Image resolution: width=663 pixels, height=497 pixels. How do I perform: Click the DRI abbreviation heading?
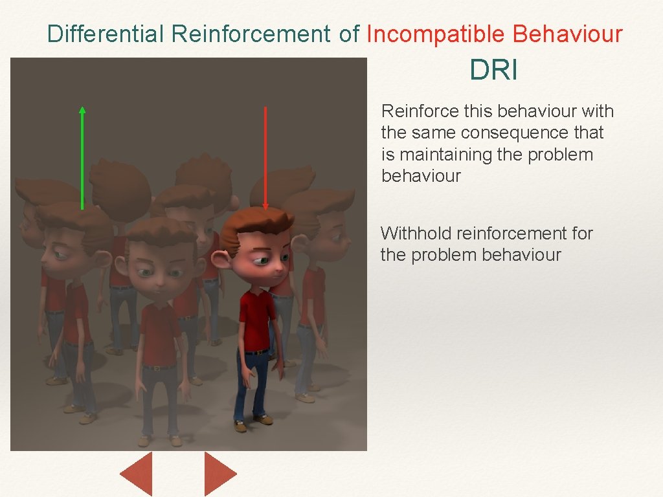493,71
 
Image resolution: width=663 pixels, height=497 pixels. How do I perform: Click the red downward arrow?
265,159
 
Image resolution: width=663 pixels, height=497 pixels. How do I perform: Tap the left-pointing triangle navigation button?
137,474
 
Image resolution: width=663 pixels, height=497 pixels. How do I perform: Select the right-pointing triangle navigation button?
219,474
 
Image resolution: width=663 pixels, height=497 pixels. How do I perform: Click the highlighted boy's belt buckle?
259,352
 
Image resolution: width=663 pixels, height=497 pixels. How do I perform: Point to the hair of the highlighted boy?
256,223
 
